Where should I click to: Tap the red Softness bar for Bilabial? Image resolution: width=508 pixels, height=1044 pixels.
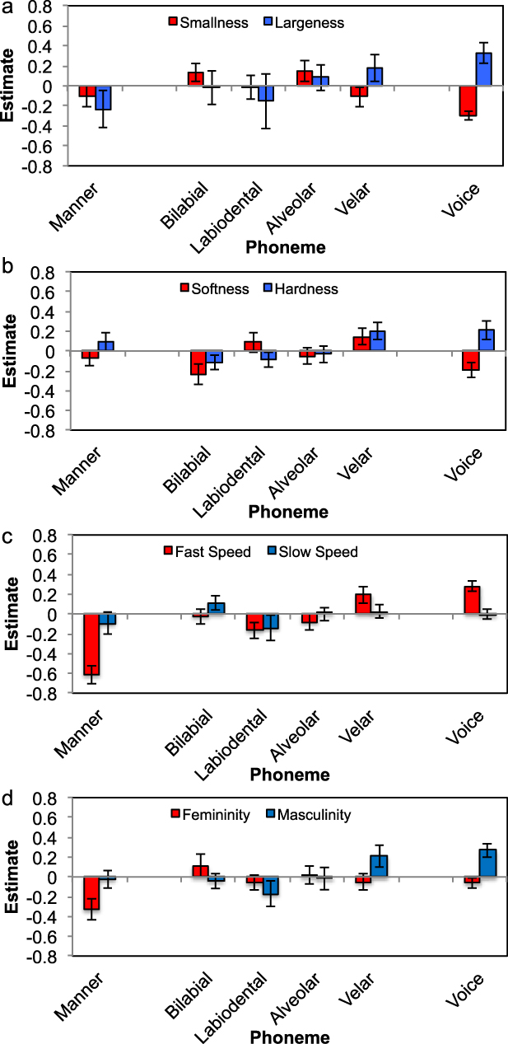coord(198,363)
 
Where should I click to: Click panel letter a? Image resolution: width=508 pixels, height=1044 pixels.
coord(7,7)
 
